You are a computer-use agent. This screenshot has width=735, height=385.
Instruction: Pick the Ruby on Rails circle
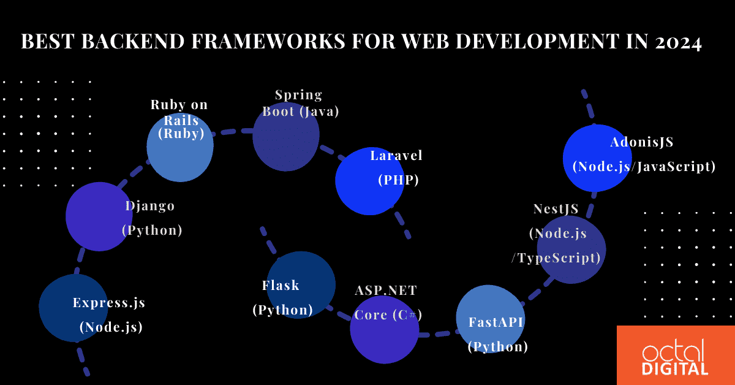pos(180,148)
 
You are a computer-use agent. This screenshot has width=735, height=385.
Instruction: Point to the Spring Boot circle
pos(286,138)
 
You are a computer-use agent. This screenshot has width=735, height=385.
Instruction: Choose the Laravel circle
pos(369,181)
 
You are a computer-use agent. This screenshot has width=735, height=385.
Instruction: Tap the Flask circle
pos(301,284)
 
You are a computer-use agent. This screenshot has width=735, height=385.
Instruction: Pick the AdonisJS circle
pos(597,158)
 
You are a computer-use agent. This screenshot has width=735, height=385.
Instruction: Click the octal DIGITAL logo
pos(676,356)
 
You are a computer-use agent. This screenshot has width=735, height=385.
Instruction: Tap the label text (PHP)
pos(398,180)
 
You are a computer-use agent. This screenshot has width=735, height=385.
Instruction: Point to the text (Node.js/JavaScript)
pos(644,166)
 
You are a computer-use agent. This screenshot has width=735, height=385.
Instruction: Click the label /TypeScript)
pos(556,258)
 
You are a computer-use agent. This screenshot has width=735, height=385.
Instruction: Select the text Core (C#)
pos(388,315)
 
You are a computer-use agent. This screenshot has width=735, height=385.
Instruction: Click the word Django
pos(150,206)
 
